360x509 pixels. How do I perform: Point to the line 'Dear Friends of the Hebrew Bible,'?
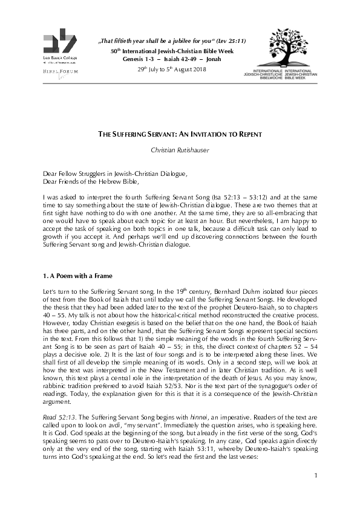pyautogui.click(x=91, y=181)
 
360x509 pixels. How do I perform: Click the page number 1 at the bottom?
pyautogui.click(x=316, y=493)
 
